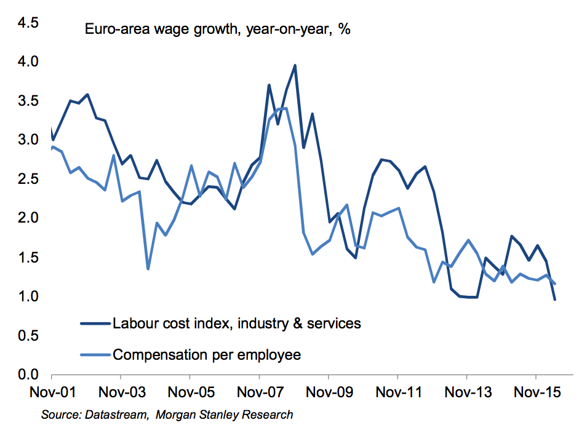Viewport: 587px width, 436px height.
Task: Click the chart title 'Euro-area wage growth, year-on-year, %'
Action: point(217,29)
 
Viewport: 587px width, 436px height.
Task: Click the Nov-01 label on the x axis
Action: point(52,392)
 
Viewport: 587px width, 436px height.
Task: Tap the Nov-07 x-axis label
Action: point(260,392)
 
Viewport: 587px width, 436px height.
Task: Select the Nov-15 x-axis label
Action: point(537,392)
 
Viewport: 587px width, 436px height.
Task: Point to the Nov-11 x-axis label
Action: point(398,392)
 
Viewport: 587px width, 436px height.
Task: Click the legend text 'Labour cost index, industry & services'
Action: point(236,323)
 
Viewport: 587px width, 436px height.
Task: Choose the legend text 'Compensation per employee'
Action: point(206,355)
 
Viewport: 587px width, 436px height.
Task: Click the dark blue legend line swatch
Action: point(95,323)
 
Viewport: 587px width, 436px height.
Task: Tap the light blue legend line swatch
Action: point(95,355)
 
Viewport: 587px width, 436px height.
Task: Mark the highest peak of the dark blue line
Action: point(295,65)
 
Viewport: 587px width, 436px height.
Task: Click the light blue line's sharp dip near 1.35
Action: point(148,269)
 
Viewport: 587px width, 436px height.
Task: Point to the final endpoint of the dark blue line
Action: point(555,299)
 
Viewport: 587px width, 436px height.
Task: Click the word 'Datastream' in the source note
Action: point(116,415)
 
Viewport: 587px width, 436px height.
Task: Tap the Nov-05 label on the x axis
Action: point(190,392)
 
